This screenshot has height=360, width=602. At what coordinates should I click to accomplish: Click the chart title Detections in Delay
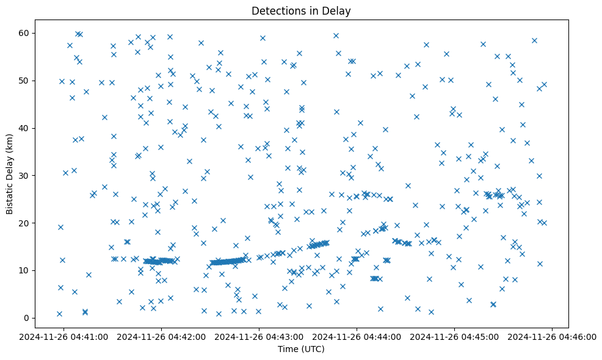point(301,11)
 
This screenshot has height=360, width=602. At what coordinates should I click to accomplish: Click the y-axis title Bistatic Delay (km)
point(10,165)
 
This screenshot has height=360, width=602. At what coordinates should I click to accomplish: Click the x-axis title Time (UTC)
point(301,349)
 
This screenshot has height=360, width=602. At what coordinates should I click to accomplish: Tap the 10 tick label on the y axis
point(26,270)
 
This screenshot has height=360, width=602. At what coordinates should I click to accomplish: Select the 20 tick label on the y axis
point(26,223)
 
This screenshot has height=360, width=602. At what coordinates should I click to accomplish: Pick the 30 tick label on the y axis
point(26,176)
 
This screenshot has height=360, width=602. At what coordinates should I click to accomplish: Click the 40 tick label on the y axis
point(26,128)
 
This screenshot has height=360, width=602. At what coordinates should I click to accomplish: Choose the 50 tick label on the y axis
point(26,81)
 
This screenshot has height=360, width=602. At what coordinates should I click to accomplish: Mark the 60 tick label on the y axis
point(26,33)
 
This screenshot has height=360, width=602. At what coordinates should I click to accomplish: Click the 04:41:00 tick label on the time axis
point(63,336)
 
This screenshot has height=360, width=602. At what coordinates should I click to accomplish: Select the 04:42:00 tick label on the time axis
point(161,336)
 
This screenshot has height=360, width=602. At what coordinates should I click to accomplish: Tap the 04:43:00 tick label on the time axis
point(259,336)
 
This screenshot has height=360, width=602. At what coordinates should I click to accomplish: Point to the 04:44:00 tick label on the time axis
point(357,336)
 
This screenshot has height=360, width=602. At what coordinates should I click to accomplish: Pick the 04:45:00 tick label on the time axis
point(455,336)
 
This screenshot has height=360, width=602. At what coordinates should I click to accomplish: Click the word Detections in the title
point(278,11)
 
